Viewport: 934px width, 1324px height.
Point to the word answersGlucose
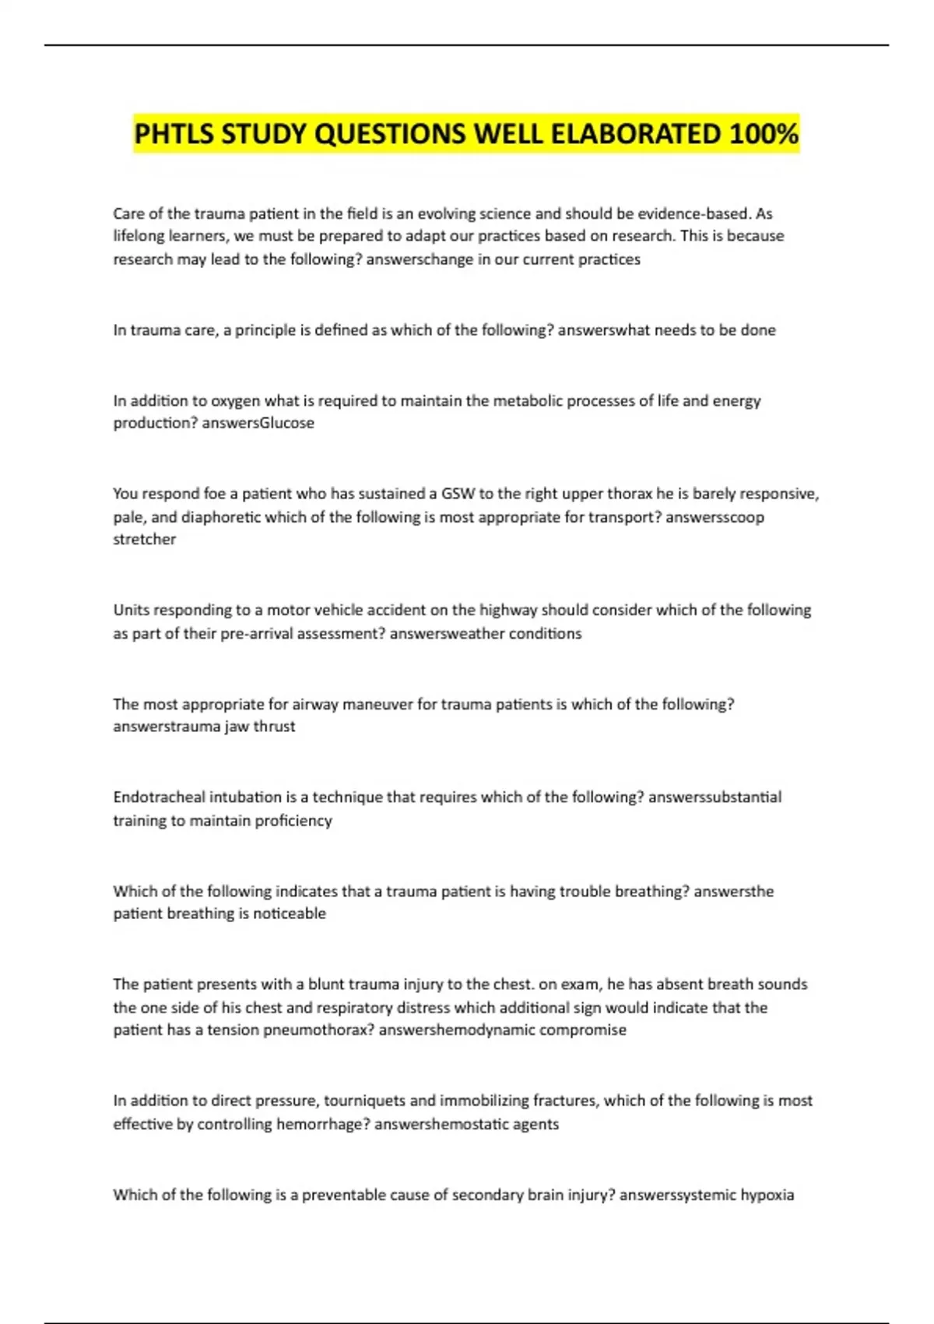(258, 423)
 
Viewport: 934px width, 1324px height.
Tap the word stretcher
(145, 539)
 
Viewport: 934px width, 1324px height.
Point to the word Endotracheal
(159, 797)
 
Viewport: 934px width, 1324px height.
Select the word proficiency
(293, 820)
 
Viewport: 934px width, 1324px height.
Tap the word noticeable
(290, 914)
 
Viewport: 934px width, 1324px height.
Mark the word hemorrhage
(318, 1124)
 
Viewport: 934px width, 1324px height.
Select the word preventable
(348, 1195)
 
